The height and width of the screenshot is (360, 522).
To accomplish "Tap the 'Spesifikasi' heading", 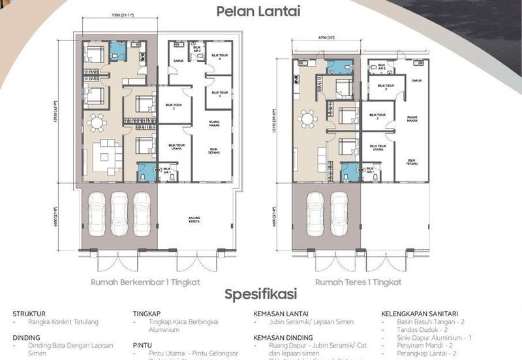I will tap(260, 293).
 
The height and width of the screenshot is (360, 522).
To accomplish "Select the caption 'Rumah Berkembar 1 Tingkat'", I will tap(146, 282).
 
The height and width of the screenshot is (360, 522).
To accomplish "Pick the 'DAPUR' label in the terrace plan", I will tap(416, 81).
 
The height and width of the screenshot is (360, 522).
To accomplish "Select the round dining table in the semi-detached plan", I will tap(97, 122).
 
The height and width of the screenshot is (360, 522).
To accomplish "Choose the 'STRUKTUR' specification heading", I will tap(29, 313).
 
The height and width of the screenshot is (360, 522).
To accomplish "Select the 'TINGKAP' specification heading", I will tap(147, 313).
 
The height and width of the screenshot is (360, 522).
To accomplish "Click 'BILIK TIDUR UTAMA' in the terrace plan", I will tap(378, 148).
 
